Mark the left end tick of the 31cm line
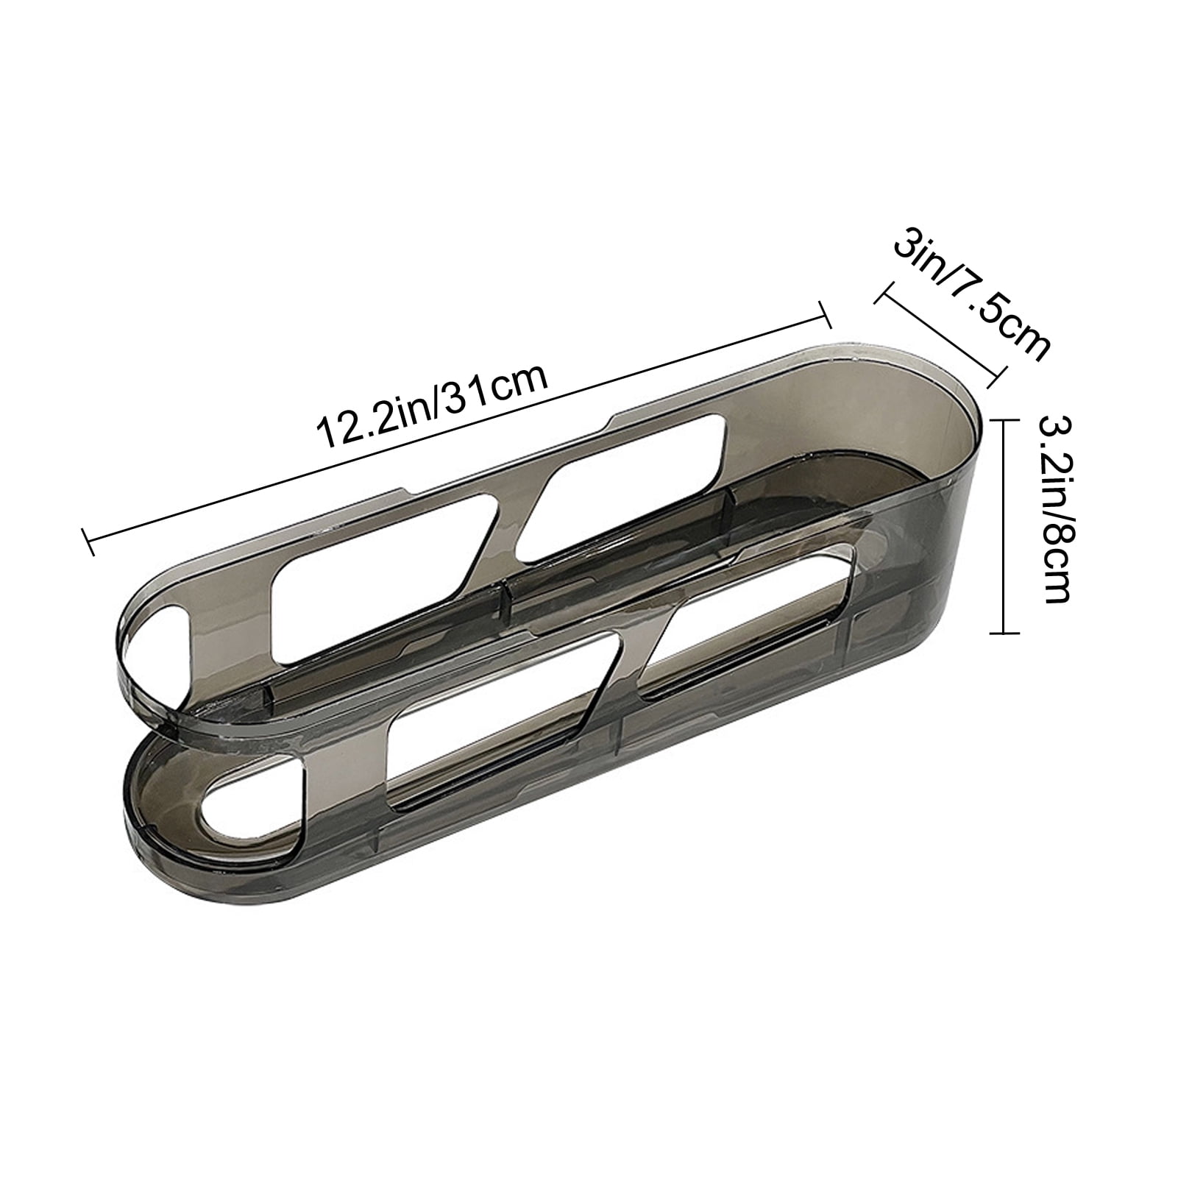(x=90, y=542)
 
